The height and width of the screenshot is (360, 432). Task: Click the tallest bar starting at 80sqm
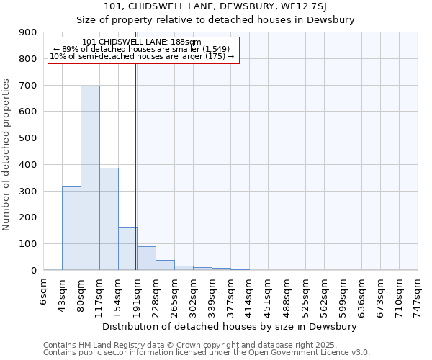click(x=90, y=178)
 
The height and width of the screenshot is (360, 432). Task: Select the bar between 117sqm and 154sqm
click(x=109, y=219)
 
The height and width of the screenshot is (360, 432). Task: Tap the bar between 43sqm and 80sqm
click(x=71, y=228)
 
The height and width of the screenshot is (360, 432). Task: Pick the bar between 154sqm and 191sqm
click(x=127, y=248)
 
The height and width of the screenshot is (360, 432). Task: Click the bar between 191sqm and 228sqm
click(x=146, y=258)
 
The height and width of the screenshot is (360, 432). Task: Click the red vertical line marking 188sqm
click(x=135, y=166)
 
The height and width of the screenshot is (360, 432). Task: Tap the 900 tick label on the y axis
click(x=28, y=32)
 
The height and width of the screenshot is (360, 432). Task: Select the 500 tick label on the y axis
click(x=28, y=138)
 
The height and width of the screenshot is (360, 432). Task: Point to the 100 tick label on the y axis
click(x=28, y=244)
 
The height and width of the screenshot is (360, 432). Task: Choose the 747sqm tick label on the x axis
click(x=418, y=293)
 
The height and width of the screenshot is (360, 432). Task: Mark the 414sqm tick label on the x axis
click(x=250, y=293)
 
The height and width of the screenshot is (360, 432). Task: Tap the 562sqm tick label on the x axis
click(x=325, y=293)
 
